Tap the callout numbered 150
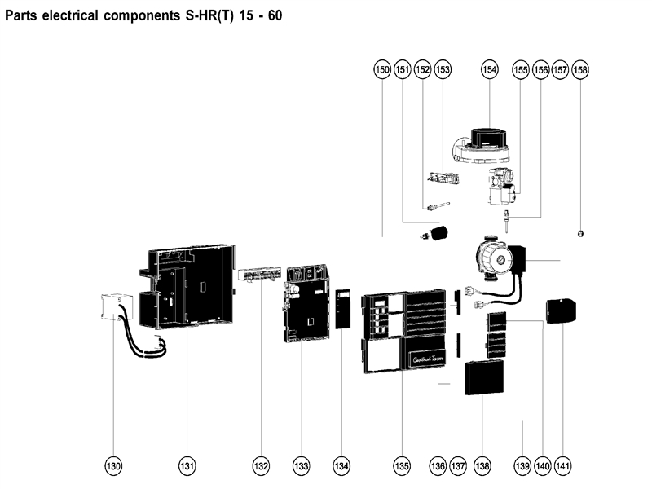[381, 71]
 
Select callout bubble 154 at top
[489, 71]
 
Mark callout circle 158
[579, 71]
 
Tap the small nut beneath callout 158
[579, 233]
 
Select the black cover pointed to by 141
[561, 311]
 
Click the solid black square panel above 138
[483, 378]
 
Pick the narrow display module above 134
[342, 307]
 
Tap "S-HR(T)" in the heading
[205, 15]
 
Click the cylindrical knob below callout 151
[440, 233]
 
